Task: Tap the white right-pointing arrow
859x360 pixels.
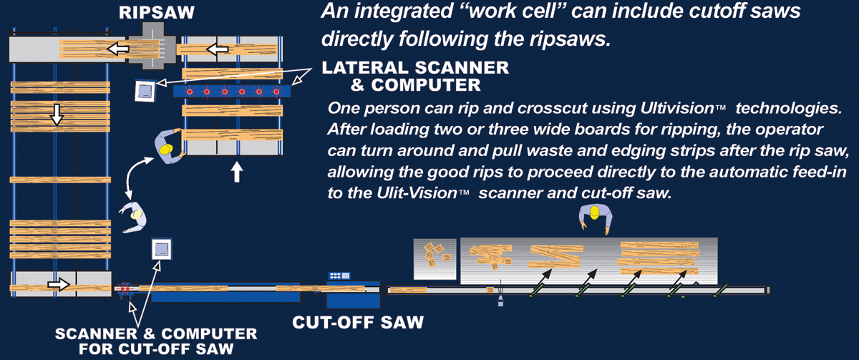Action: (58, 285)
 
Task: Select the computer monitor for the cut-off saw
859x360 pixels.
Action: (161, 250)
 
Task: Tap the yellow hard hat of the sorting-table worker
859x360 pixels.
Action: (593, 213)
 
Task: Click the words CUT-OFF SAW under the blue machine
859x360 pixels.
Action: (359, 322)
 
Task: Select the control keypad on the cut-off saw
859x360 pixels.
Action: (338, 276)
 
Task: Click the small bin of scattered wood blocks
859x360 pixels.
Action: (435, 258)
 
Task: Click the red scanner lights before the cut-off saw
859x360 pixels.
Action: (125, 289)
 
